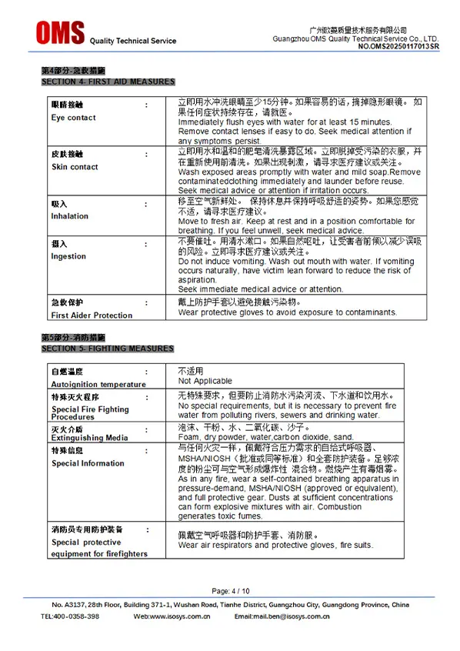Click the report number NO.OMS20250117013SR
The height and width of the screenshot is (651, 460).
pos(398,46)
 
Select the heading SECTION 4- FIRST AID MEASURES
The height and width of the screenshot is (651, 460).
pos(108,82)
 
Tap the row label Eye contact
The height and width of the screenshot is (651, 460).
pos(73,118)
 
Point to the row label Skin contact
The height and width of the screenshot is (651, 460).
pos(75,167)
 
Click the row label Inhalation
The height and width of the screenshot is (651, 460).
pos(70,216)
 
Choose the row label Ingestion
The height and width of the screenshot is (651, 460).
pos(68,256)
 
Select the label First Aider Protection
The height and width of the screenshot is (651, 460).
pos(92,315)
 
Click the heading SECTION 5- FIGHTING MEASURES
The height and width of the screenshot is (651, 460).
pos(107,349)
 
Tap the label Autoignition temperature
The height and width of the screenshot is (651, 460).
pos(98,384)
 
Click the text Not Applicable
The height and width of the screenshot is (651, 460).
pos(205,381)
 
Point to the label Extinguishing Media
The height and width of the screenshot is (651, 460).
pos(89,438)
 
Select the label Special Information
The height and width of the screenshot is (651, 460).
pos(88,463)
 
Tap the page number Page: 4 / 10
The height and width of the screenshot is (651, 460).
pos(230,590)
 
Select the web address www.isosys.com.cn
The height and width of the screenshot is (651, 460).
pos(178,616)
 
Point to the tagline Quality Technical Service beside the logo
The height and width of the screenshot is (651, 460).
pos(133,41)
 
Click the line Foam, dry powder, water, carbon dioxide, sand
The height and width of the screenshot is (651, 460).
pos(266,436)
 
